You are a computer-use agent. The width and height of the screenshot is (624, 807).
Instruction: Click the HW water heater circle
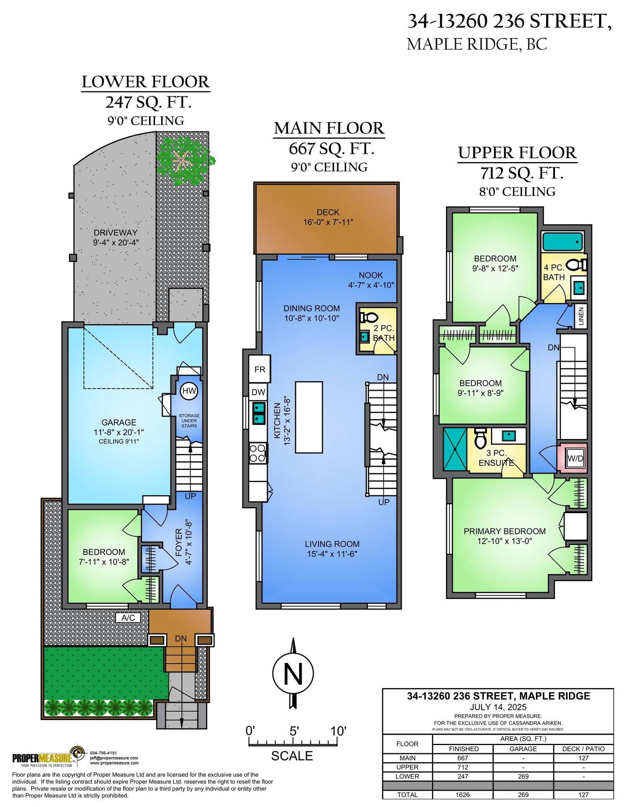189,390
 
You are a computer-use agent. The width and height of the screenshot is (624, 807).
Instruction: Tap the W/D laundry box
575,458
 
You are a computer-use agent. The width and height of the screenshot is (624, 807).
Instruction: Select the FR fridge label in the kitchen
260,369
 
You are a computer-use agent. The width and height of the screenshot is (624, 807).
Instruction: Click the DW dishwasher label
258,392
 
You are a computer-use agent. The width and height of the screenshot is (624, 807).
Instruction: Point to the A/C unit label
128,618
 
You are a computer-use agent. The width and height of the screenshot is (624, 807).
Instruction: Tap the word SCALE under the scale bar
292,756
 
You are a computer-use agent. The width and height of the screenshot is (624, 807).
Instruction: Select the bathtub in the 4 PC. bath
562,242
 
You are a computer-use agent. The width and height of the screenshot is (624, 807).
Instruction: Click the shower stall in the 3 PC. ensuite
455,450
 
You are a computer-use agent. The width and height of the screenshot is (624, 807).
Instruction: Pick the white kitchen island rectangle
309,417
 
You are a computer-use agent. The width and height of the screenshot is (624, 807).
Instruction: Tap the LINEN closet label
581,316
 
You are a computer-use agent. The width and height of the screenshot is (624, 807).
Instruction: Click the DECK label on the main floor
328,212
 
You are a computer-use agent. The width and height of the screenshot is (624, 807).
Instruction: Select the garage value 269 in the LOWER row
523,776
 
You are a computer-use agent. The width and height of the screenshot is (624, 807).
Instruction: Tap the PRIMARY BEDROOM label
505,531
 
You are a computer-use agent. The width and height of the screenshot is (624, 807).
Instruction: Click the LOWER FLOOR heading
146,82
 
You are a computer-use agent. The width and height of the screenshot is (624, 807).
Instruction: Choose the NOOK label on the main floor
371,275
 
